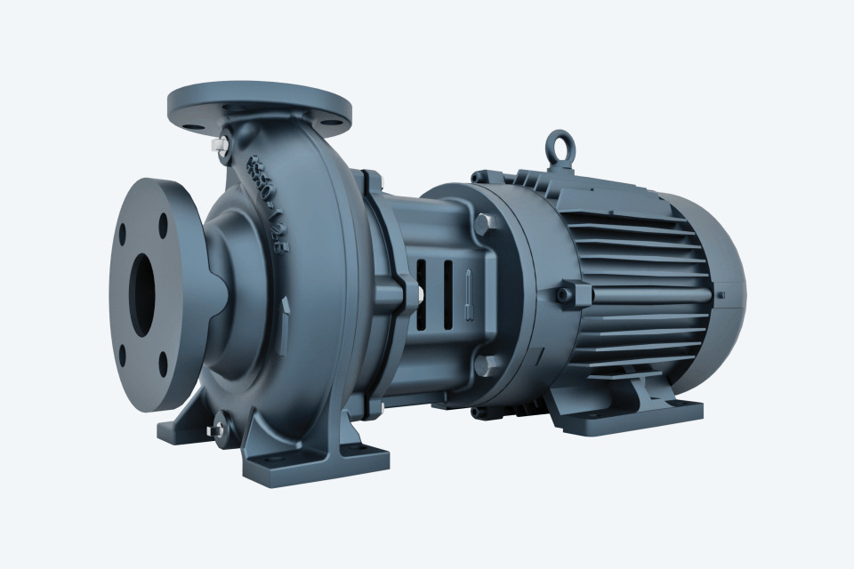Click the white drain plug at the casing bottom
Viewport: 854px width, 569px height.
click(x=214, y=431)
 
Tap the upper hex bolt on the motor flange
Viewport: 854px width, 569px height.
click(x=483, y=223)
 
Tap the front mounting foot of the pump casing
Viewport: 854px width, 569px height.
click(x=316, y=462)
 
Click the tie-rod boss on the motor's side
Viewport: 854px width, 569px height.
click(x=569, y=293)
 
